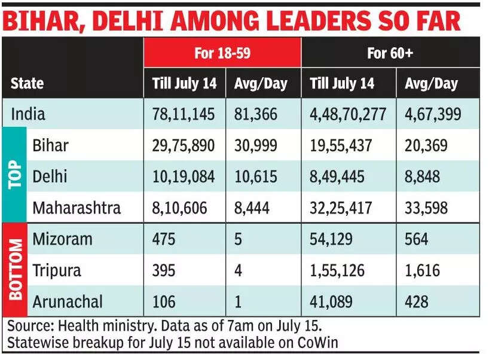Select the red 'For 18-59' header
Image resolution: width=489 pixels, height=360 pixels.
click(222, 53)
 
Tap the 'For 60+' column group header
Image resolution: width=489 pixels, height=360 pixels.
click(390, 53)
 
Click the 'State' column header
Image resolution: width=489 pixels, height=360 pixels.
click(27, 83)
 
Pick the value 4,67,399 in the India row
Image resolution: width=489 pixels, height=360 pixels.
click(433, 114)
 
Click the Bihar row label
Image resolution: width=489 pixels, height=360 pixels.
click(51, 145)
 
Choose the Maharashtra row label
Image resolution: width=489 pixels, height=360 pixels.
click(77, 208)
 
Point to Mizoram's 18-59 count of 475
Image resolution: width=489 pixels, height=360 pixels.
click(164, 239)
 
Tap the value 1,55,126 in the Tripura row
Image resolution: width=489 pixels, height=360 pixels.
click(338, 270)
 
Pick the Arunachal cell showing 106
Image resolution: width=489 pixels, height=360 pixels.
click(164, 301)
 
